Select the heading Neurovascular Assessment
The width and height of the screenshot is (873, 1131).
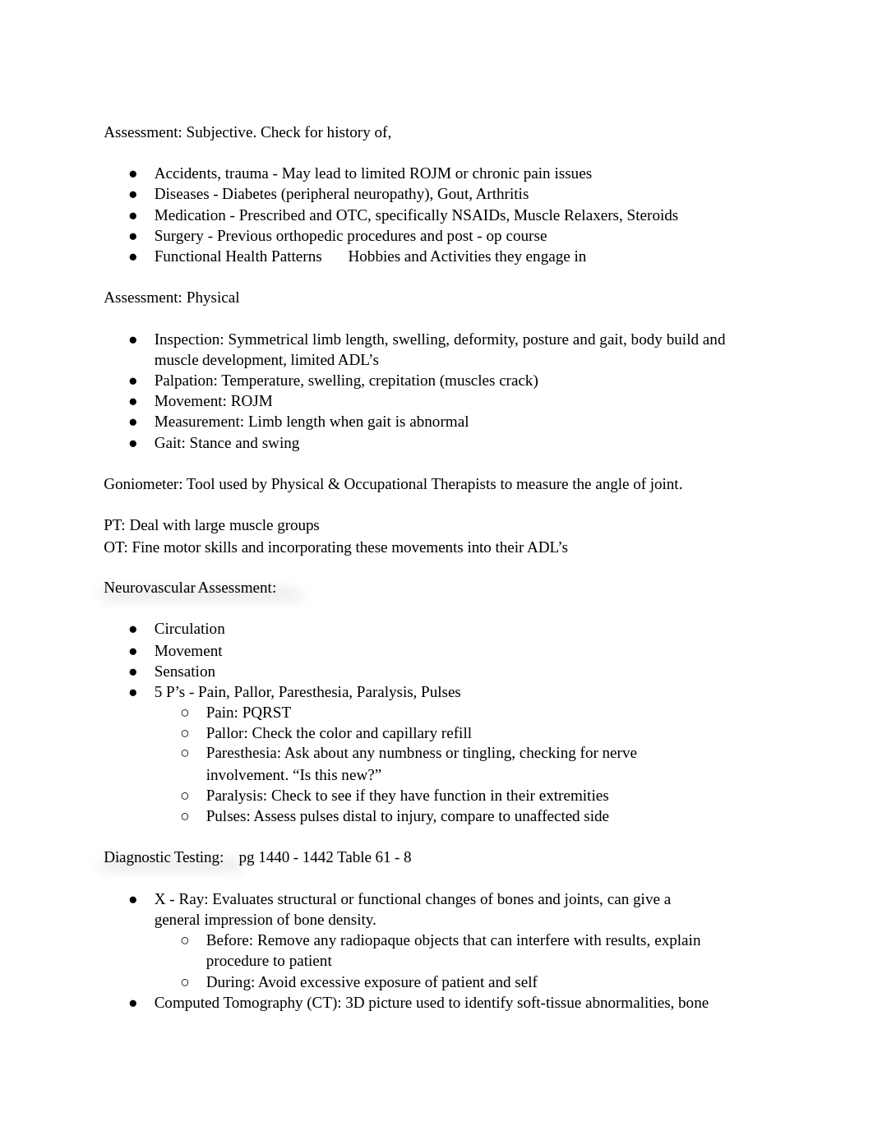click(x=189, y=588)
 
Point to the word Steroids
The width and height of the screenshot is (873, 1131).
click(x=652, y=215)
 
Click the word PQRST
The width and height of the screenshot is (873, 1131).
click(x=266, y=713)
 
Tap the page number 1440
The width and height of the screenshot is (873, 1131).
click(x=274, y=857)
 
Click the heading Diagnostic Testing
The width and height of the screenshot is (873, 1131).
click(x=164, y=857)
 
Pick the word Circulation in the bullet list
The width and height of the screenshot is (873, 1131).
click(x=189, y=629)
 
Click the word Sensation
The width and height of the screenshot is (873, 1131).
click(x=184, y=672)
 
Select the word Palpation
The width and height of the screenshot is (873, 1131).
click(x=186, y=381)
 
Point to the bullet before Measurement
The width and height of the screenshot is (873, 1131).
click(x=133, y=422)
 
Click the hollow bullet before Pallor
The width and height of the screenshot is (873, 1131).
click(x=186, y=733)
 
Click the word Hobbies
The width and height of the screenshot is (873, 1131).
click(x=374, y=256)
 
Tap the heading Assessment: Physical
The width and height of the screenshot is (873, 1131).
click(x=171, y=298)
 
